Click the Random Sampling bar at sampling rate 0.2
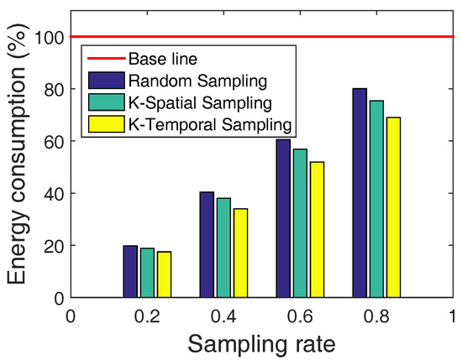[130, 272]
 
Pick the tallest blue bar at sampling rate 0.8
[360, 193]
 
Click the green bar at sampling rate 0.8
[375, 199]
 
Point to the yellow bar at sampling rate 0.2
[164, 274]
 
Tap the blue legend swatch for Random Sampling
[104, 81]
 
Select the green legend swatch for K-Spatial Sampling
[104, 102]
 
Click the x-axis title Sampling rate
[261, 342]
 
